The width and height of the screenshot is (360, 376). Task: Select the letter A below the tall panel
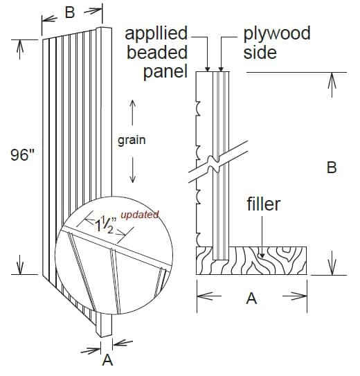click(107, 359)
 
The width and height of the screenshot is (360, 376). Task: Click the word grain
click(132, 140)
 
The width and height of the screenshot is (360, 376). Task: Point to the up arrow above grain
click(132, 111)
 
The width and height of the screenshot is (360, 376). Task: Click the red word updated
click(139, 214)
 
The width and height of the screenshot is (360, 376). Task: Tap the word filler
click(263, 205)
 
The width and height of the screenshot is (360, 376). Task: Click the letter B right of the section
click(332, 168)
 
